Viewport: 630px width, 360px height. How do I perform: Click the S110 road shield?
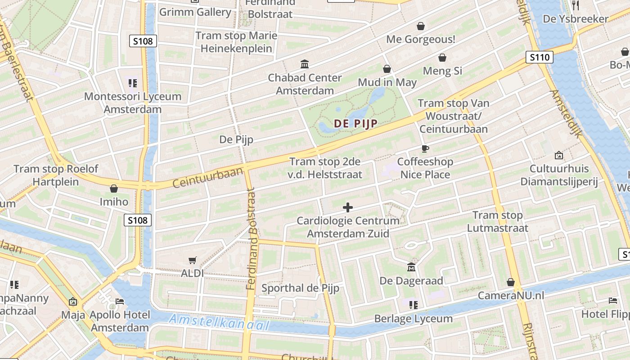[x=540, y=57]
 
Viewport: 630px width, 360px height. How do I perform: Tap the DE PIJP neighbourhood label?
[x=355, y=124]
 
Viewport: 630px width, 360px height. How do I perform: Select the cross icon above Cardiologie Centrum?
[x=348, y=207]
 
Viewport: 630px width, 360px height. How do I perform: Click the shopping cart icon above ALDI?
[x=193, y=260]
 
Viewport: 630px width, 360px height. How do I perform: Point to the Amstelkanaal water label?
[x=219, y=322]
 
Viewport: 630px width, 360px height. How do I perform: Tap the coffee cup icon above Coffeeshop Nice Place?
[x=425, y=148]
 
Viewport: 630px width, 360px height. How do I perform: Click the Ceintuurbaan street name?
[x=208, y=178]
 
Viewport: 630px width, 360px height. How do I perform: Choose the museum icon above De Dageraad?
[x=411, y=267]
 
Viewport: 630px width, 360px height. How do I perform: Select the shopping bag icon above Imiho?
[x=114, y=189]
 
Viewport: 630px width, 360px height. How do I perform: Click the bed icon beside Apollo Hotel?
[x=120, y=301]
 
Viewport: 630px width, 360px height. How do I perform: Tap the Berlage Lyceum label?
[x=414, y=319]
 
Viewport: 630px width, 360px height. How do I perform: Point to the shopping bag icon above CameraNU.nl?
[x=511, y=282]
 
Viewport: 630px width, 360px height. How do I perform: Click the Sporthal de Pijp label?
[x=300, y=288]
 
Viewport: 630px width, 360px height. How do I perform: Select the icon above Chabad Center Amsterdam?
[x=305, y=64]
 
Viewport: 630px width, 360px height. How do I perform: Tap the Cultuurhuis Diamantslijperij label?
[x=559, y=175]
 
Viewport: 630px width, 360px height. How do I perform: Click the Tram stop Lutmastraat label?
[x=497, y=221]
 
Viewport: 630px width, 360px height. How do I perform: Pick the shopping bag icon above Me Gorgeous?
[x=421, y=26]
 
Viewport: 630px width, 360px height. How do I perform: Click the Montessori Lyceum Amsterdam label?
[x=133, y=103]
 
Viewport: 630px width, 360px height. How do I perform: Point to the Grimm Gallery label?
[x=195, y=12]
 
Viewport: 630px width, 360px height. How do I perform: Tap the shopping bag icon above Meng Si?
[x=442, y=58]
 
